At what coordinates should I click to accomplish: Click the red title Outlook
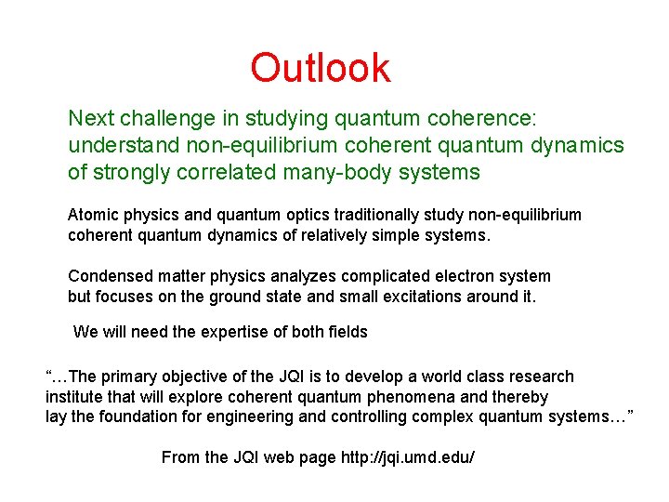(321, 68)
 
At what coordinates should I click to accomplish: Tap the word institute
(73, 397)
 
